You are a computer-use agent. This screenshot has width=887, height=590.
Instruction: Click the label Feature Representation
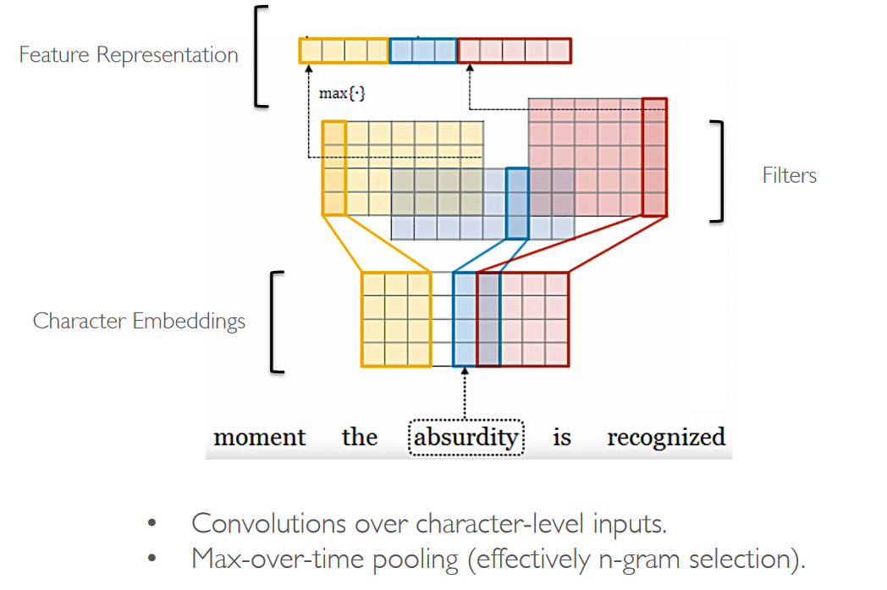129,56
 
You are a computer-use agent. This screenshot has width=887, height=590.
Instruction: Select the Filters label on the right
789,175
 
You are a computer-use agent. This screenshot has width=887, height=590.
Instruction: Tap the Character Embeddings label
139,321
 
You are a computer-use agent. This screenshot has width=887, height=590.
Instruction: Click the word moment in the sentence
260,438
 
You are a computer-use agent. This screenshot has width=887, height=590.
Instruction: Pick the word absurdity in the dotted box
465,438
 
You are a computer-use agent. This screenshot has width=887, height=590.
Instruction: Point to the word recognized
666,438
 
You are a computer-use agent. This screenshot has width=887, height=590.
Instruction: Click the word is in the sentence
562,438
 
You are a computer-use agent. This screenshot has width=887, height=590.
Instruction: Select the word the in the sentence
359,438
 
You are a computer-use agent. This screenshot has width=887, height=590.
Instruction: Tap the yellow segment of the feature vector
344,52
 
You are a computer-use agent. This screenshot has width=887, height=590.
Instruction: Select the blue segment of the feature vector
423,52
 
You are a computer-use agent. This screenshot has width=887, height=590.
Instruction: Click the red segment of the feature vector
515,52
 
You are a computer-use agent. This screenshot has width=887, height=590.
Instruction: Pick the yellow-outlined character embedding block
396,319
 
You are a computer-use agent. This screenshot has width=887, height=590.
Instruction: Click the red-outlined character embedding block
523,319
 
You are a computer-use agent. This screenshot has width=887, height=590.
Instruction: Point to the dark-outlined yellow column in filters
334,168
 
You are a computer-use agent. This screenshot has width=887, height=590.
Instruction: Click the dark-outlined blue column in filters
517,203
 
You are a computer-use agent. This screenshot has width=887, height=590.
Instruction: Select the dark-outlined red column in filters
654,157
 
